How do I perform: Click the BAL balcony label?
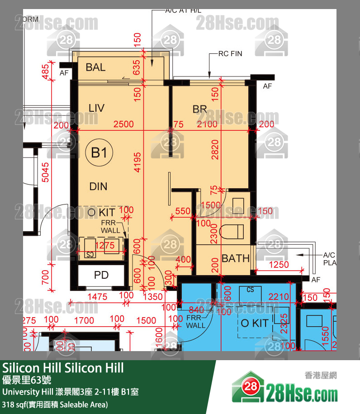(x=95, y=67)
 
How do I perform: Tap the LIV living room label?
(x=96, y=108)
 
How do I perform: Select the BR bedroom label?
(x=199, y=109)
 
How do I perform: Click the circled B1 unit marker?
(x=99, y=153)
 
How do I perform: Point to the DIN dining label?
(x=98, y=186)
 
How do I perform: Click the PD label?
(x=101, y=275)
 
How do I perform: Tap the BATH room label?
(x=236, y=258)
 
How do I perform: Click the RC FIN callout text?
(x=230, y=54)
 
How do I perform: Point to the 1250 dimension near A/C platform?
(x=279, y=264)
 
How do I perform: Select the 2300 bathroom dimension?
(x=214, y=234)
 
